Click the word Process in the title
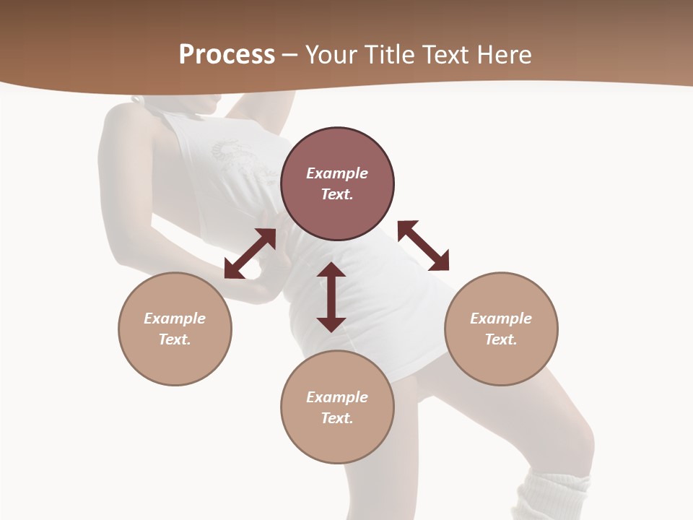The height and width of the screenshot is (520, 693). (227, 55)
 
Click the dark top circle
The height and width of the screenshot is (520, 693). (337, 184)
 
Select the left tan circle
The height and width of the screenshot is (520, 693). (175, 329)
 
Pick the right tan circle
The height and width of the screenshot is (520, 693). (501, 329)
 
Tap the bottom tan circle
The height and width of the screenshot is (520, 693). (337, 407)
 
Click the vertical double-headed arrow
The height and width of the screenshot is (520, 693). (331, 297)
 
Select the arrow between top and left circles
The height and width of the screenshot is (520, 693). (250, 253)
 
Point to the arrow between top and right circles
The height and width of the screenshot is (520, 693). (424, 246)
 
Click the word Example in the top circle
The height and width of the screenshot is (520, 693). (337, 173)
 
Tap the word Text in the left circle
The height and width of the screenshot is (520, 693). (174, 339)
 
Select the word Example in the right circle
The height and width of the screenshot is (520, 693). (501, 318)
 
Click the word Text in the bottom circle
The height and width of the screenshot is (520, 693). (336, 418)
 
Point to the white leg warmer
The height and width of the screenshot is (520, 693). (554, 497)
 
